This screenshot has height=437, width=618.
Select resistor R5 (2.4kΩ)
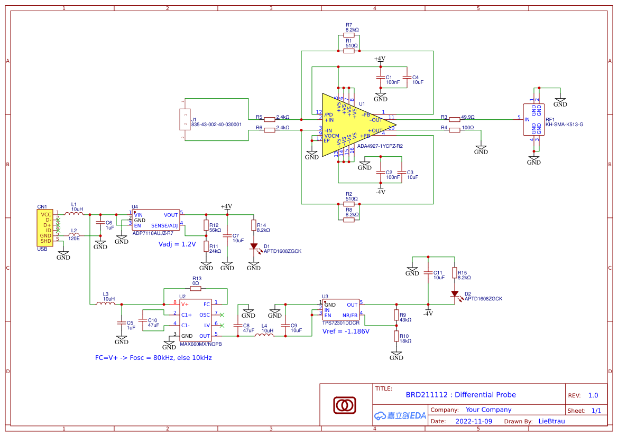click(x=270, y=120)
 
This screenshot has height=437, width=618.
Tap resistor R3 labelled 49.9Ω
click(x=455, y=120)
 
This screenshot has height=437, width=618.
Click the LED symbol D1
click(x=254, y=246)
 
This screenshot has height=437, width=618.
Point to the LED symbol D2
click(x=455, y=293)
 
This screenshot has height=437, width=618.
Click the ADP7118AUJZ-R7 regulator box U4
click(x=156, y=220)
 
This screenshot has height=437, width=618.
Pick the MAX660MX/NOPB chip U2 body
click(x=196, y=320)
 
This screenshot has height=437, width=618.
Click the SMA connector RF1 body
click(x=534, y=119)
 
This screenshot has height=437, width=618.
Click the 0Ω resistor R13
click(x=196, y=289)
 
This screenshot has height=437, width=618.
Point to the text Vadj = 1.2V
click(x=177, y=244)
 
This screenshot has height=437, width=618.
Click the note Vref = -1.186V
click(x=346, y=331)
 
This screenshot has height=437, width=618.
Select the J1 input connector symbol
click(x=185, y=119)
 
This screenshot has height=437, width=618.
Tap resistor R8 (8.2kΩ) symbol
click(x=349, y=220)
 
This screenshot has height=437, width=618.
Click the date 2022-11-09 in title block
click(x=474, y=421)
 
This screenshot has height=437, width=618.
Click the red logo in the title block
click(x=346, y=405)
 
